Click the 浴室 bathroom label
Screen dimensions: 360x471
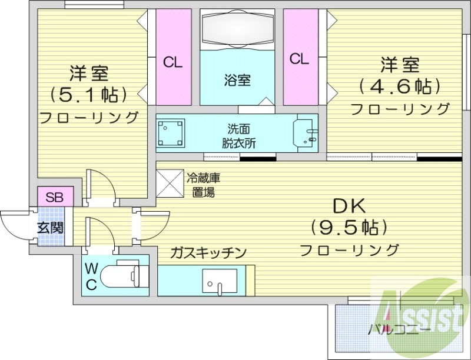[237, 80]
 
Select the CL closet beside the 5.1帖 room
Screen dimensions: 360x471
[173, 61]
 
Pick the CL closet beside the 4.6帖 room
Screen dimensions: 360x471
[299, 58]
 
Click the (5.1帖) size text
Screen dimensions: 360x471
[88, 94]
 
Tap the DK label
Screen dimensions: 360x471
[349, 206]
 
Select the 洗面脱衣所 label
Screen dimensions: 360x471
[238, 135]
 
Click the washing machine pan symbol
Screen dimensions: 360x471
[173, 134]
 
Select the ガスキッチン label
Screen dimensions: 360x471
[208, 252]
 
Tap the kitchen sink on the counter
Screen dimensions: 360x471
[218, 281]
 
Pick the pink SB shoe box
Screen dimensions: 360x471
[54, 195]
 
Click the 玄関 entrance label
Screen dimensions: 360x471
[51, 227]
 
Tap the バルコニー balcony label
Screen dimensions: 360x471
[399, 328]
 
